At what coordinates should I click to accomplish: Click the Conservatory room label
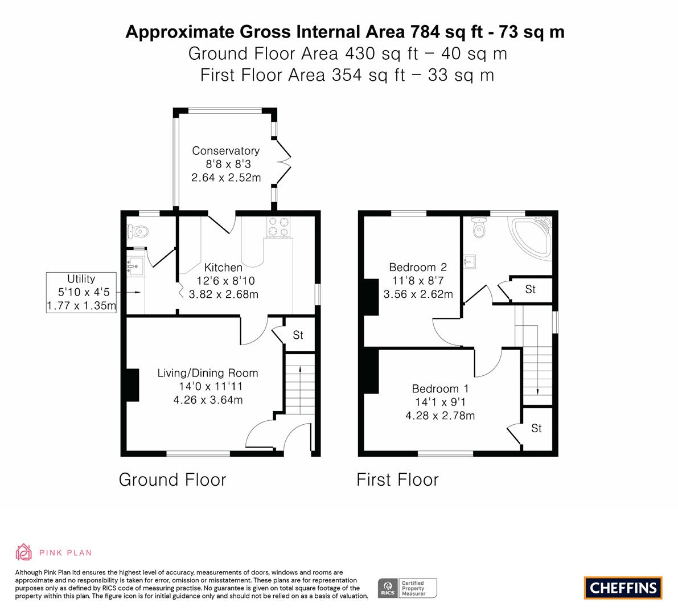225,150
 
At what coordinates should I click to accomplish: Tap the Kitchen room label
223,267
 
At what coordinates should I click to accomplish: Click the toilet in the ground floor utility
138,232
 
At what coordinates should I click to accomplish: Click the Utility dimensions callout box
81,292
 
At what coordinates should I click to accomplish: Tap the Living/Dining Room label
208,373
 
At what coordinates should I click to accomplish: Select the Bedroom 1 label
440,388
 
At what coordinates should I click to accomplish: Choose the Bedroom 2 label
418,267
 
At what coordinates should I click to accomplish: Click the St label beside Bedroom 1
536,428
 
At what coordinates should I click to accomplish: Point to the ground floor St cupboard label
298,335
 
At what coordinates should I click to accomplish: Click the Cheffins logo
623,588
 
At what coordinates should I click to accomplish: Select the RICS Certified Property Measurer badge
408,588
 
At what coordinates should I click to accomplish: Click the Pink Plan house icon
24,552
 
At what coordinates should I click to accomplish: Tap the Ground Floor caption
172,479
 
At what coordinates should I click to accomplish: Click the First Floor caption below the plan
397,479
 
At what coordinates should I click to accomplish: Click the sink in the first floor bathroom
470,261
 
